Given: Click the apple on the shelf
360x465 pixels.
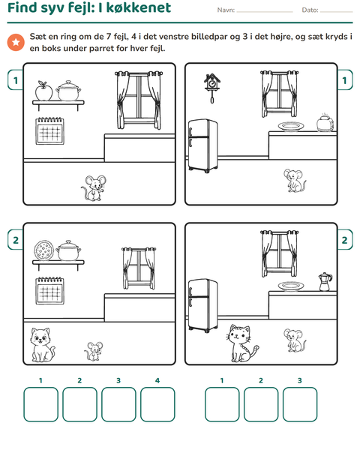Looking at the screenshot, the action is pyautogui.click(x=43, y=91).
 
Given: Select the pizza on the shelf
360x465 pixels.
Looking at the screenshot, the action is pyautogui.click(x=44, y=250).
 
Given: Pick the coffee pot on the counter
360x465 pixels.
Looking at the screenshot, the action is pyautogui.click(x=325, y=282).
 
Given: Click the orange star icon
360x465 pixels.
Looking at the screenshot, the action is pyautogui.click(x=16, y=42).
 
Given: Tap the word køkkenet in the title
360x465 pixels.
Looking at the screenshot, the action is pyautogui.click(x=139, y=7).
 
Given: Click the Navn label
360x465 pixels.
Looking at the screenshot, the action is pyautogui.click(x=226, y=10).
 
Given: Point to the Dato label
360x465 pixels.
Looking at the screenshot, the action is pyautogui.click(x=310, y=10).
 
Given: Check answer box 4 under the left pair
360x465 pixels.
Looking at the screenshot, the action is pyautogui.click(x=157, y=404).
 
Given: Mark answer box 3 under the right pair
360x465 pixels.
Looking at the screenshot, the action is pyautogui.click(x=300, y=404).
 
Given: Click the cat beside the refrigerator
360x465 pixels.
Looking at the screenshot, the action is pyautogui.click(x=242, y=343).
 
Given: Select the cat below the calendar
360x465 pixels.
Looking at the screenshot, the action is pyautogui.click(x=43, y=345).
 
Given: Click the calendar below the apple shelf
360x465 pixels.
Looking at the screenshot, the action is pyautogui.click(x=49, y=131).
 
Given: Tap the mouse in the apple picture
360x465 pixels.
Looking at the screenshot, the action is pyautogui.click(x=94, y=188).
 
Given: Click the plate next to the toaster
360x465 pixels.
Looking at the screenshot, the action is pyautogui.click(x=291, y=127).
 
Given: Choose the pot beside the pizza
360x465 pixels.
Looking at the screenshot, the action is pyautogui.click(x=68, y=250).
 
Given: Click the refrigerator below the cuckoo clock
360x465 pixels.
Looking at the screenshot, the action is pyautogui.click(x=203, y=145).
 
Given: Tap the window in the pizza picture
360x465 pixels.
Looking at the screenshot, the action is pyautogui.click(x=139, y=268).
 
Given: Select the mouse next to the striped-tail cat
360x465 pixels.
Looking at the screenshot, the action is pyautogui.click(x=295, y=340).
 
